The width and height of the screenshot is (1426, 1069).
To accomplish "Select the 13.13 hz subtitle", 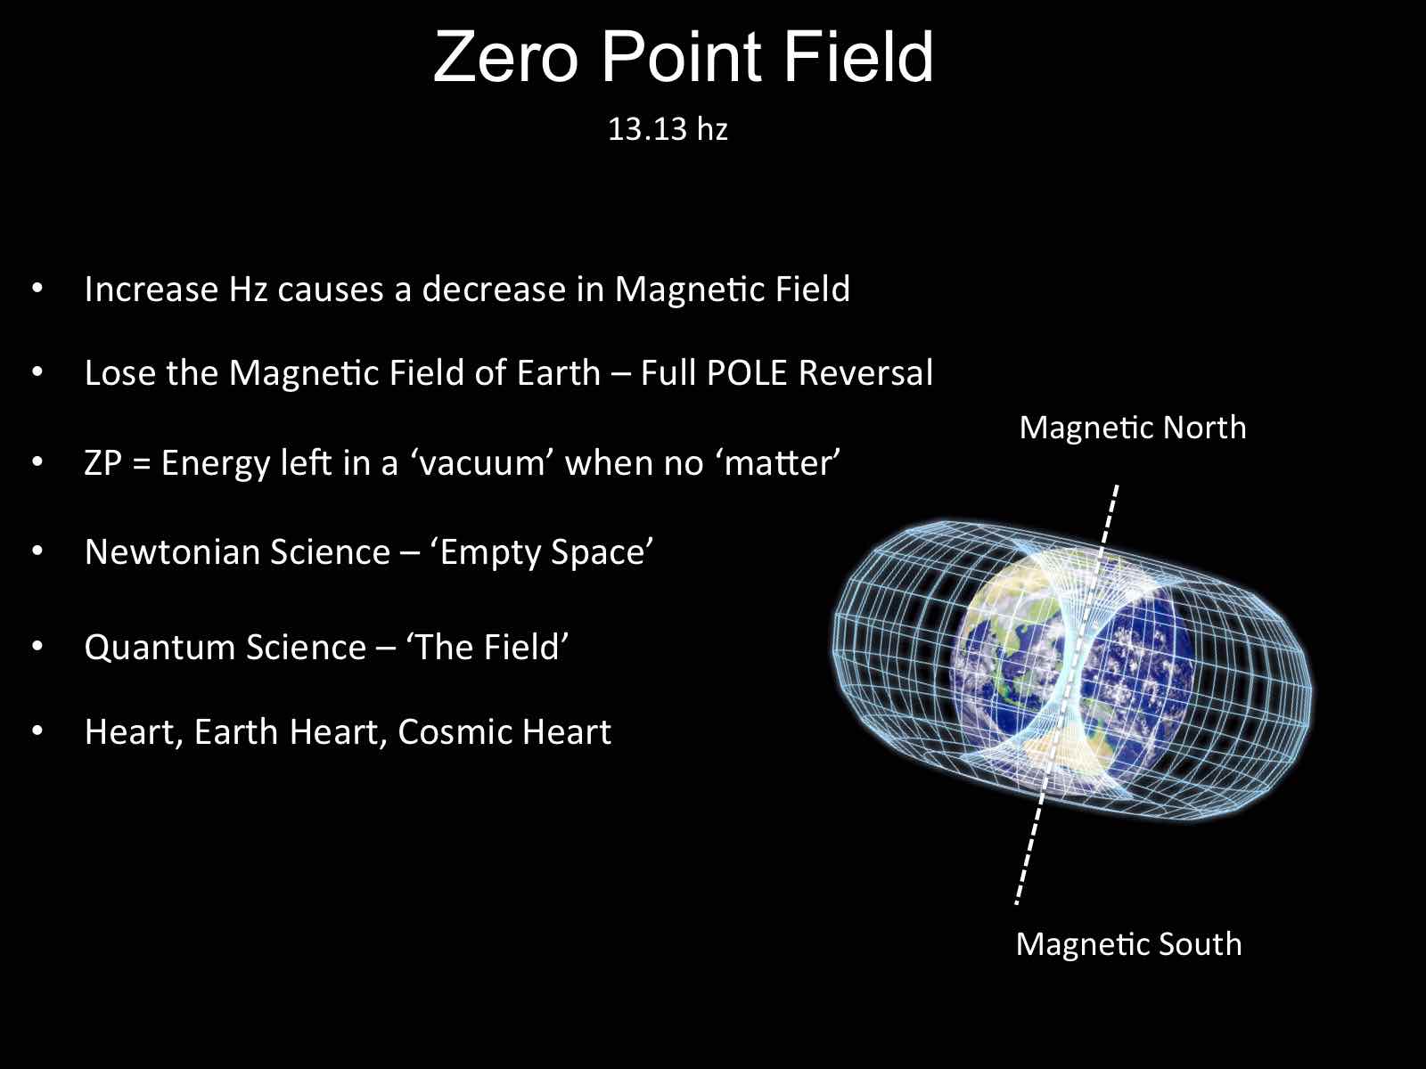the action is coord(668,128).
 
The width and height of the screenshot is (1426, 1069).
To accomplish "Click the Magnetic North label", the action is coord(1133,428).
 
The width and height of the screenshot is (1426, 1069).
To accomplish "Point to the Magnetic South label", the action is coord(1128,943).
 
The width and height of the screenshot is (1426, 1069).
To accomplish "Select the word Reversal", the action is coord(865,372).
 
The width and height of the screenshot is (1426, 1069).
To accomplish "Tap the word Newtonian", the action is coord(172,551).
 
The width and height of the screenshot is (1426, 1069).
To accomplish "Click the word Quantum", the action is coord(160,648).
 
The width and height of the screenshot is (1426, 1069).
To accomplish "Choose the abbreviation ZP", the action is coord(103,463).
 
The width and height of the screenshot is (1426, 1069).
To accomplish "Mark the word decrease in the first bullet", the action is coord(494,289).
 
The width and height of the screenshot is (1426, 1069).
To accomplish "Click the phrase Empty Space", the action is coord(546,553).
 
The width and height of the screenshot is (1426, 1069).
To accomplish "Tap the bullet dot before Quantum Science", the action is coord(37,647).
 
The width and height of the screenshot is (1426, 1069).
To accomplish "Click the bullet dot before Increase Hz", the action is coord(37,289).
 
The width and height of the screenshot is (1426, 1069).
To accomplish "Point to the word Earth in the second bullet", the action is coord(558,372).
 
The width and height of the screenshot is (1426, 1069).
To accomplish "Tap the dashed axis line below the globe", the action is coord(1029,850).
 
